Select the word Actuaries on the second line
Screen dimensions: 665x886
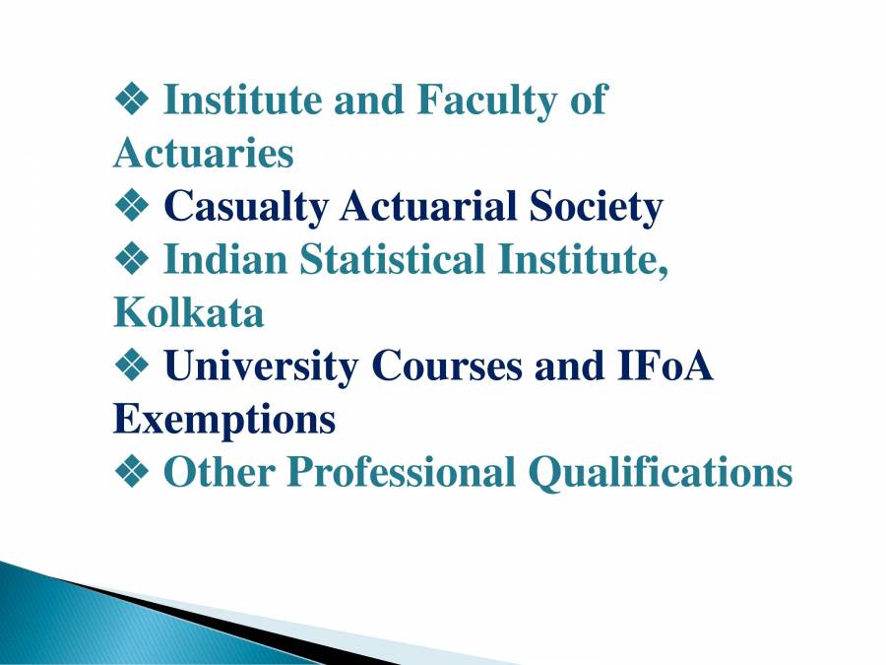[x=204, y=154]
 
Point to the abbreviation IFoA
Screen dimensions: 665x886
[x=664, y=366]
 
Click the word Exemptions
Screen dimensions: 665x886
[x=224, y=420]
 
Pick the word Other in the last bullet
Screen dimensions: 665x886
[x=218, y=473]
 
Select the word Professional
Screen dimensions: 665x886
[x=401, y=473]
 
